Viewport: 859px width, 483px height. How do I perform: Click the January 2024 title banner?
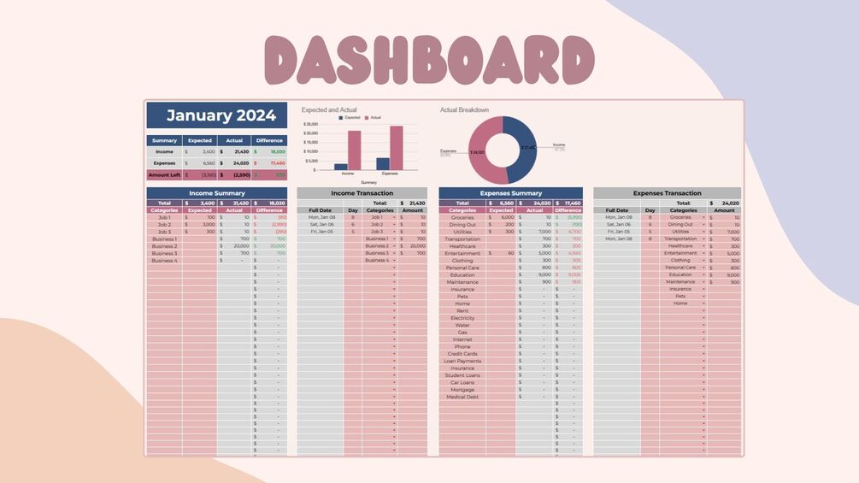[216, 115]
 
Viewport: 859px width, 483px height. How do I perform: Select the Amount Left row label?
[164, 174]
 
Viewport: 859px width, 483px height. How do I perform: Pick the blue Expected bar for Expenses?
[383, 163]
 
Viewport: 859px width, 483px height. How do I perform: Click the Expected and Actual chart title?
[329, 109]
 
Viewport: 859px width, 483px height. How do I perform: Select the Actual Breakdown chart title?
[464, 109]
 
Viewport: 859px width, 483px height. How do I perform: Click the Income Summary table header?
[216, 193]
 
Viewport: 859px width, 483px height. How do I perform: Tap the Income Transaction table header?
[362, 193]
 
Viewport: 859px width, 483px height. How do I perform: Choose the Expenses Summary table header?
[510, 193]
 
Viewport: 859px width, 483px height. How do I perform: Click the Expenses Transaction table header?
[667, 193]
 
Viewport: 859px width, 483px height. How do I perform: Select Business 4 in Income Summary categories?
[164, 261]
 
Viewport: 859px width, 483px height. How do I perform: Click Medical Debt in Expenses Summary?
[462, 397]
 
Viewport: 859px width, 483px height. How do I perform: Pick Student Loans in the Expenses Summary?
[462, 375]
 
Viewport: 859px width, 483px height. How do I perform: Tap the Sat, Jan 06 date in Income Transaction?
[321, 225]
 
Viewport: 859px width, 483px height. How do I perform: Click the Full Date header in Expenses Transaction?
[617, 210]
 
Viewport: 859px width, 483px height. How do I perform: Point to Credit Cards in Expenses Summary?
[462, 354]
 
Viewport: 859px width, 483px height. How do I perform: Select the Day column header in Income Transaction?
[352, 210]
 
